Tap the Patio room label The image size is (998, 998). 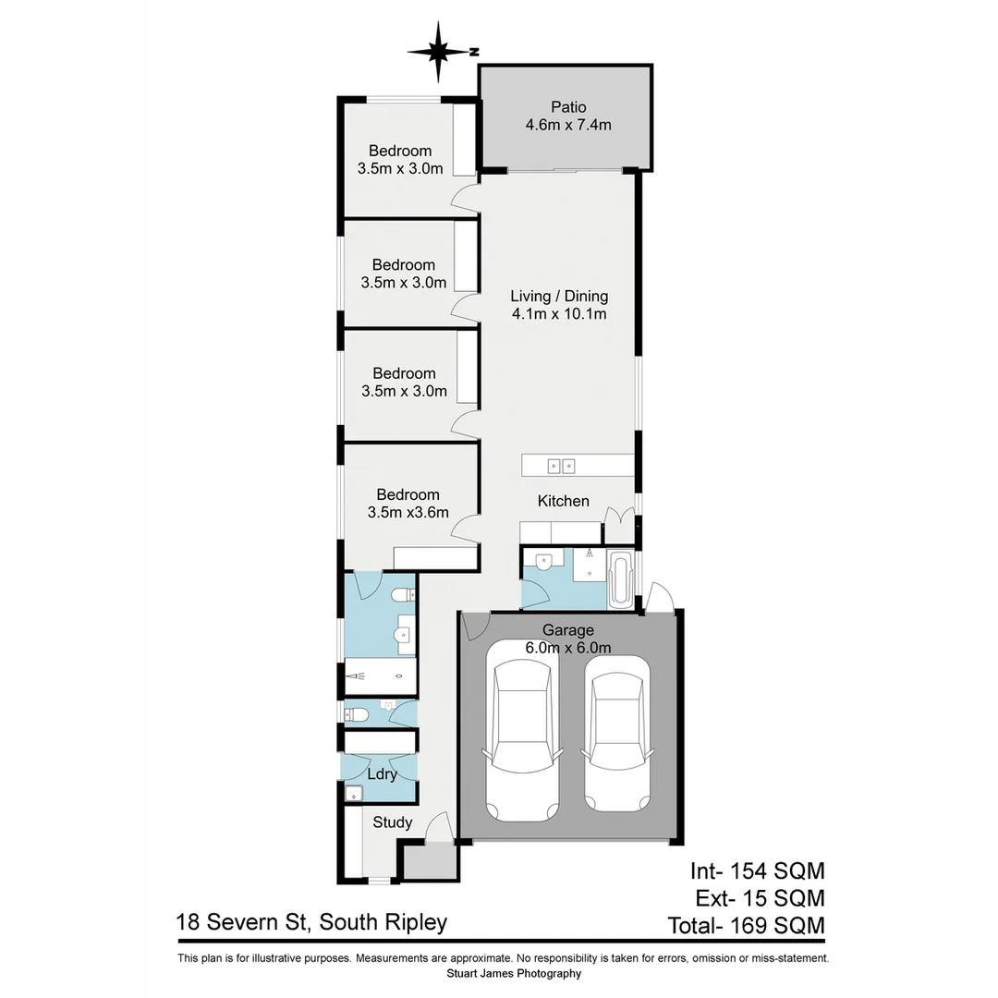(x=568, y=107)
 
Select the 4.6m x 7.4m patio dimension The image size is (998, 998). (x=568, y=126)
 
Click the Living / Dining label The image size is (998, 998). (x=559, y=297)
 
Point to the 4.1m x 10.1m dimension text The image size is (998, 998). (x=559, y=314)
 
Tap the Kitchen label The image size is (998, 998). (x=564, y=501)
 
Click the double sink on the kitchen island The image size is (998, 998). (x=561, y=465)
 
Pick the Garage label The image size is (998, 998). (x=567, y=630)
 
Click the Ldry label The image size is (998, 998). (x=382, y=774)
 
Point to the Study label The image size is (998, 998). (x=393, y=822)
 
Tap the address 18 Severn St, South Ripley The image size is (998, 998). (x=312, y=922)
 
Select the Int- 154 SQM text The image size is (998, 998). (x=757, y=870)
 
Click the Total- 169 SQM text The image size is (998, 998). (x=746, y=925)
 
